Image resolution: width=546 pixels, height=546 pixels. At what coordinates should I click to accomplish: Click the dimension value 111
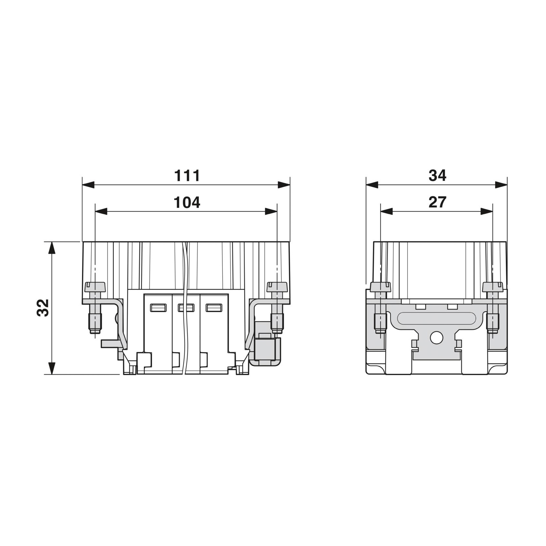coord(187,176)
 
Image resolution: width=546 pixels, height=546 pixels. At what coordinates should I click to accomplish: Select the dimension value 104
coord(187,202)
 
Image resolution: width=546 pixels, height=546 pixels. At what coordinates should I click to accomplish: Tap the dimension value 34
coord(437,175)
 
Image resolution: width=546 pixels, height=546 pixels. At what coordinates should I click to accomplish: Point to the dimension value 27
coord(437,202)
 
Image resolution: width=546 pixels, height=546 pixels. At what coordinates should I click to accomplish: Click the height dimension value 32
coord(43,308)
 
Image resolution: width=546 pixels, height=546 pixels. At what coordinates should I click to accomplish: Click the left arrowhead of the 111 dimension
coord(88,185)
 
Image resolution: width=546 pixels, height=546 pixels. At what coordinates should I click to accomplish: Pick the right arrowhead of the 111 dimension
coord(284,185)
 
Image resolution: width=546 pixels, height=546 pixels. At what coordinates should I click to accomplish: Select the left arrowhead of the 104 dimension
coord(101,212)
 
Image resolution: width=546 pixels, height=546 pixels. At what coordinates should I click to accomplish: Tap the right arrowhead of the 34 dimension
coord(501,185)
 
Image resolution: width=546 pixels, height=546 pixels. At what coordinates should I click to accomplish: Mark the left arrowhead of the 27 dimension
coord(386,212)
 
